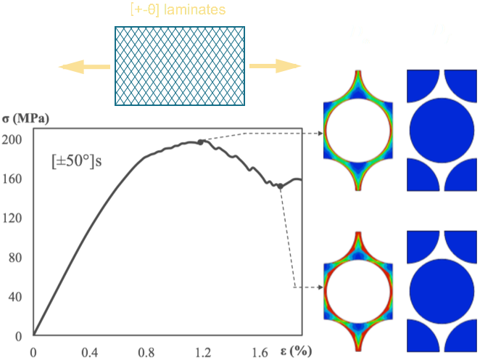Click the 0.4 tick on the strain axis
[89, 352]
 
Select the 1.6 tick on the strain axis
[259, 352]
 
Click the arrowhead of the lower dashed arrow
[320, 287]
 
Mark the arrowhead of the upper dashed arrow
[320, 134]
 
